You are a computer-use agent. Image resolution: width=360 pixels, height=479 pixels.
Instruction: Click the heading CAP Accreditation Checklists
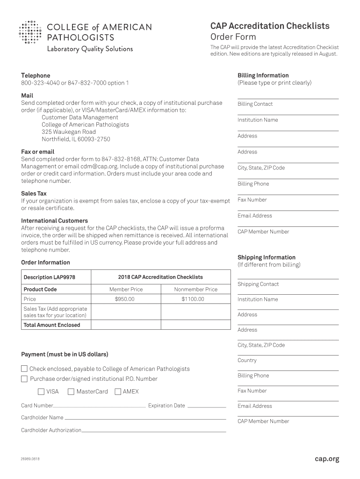270,26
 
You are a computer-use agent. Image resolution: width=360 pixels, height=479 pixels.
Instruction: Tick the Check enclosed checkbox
24,369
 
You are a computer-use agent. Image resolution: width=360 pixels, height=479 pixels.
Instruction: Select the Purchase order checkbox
24,379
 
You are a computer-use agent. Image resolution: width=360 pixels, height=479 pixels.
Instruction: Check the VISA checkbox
41,392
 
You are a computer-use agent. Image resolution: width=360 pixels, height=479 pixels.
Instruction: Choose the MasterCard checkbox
71,392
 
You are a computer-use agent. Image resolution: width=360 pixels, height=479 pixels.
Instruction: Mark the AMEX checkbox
118,392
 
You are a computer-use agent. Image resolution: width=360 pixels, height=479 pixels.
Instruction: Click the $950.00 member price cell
125,299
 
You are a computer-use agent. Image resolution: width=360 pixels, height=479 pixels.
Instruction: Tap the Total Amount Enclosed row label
52,325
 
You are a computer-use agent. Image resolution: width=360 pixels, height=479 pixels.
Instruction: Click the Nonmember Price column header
195,290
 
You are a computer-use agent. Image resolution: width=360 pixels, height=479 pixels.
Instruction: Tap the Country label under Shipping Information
247,360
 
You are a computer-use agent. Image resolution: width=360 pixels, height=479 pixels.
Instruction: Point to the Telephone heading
36,75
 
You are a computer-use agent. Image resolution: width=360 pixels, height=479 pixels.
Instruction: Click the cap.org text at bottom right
327,459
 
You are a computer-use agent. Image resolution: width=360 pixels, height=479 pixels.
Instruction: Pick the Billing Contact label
255,104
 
